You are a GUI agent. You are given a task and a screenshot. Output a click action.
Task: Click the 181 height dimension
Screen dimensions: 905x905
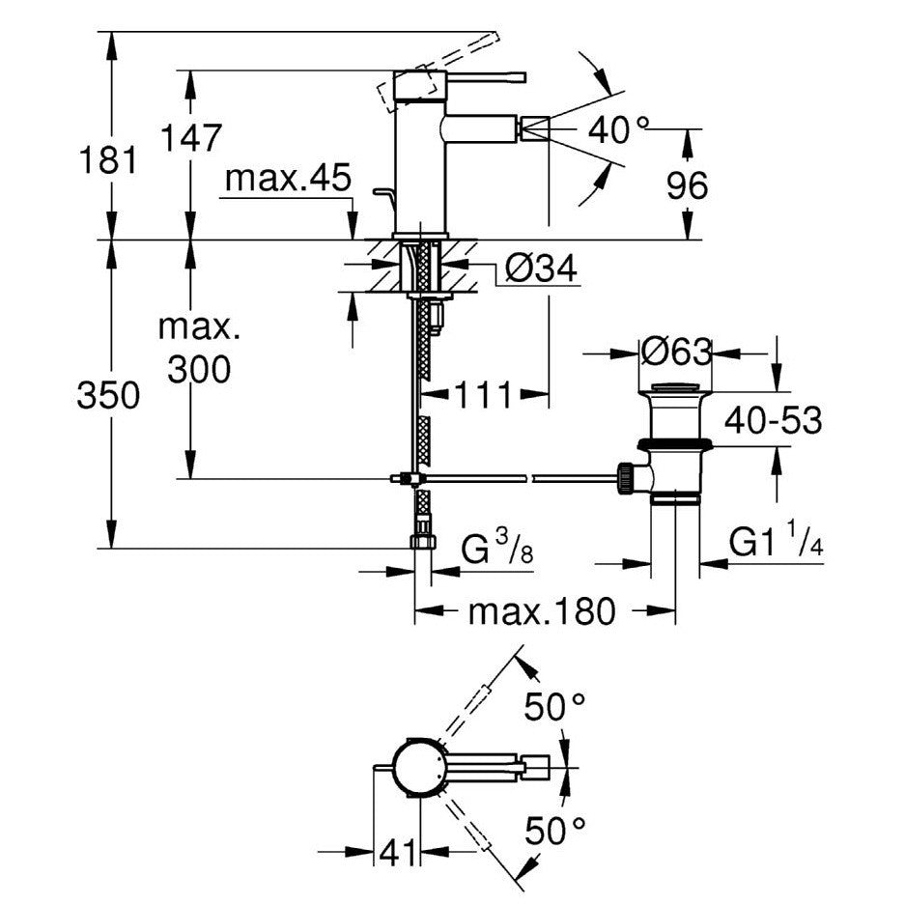click(108, 160)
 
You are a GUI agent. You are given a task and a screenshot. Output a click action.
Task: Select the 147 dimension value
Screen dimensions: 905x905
click(190, 137)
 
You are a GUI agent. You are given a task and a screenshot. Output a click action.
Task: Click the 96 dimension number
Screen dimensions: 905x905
click(687, 185)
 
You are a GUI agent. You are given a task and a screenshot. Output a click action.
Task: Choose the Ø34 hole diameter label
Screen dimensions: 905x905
click(541, 268)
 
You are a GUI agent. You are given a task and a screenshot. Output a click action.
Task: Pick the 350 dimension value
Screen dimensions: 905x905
click(108, 395)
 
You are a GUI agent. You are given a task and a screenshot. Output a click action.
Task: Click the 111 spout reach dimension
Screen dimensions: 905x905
click(484, 395)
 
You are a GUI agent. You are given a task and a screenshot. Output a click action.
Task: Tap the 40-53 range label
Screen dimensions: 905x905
click(773, 419)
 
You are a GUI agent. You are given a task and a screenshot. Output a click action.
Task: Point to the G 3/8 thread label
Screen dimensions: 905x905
click(497, 547)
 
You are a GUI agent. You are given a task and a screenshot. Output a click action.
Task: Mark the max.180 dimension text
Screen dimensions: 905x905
click(542, 611)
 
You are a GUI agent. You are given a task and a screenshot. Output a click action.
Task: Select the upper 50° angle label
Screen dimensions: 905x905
click(554, 706)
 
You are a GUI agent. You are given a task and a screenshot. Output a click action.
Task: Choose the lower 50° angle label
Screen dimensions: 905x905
click(554, 830)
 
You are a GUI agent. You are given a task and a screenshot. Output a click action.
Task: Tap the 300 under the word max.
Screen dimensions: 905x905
click(199, 369)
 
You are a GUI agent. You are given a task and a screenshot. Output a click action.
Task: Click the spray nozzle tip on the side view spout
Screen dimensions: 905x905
click(534, 128)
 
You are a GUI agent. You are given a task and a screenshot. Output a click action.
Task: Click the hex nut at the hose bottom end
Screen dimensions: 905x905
click(423, 542)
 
